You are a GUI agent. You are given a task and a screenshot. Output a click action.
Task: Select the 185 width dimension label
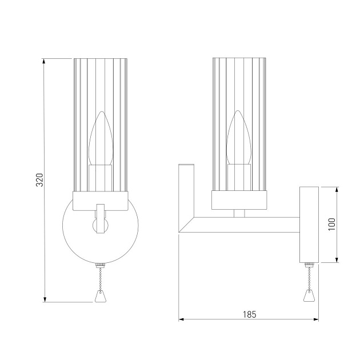tap(249, 314)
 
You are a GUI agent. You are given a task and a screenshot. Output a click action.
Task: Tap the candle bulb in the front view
tap(101, 141)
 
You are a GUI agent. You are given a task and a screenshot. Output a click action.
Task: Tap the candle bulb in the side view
tap(239, 141)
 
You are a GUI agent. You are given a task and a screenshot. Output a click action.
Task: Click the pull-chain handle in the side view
tap(309, 296)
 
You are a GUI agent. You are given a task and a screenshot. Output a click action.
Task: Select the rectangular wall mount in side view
tap(309, 224)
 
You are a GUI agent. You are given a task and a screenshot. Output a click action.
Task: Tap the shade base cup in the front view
tap(101, 199)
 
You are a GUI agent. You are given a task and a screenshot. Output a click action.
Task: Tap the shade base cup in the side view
tap(239, 199)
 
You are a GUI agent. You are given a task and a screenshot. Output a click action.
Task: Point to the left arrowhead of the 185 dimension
tap(182, 319)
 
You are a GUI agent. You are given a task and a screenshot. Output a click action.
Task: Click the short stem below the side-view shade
tap(239, 213)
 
